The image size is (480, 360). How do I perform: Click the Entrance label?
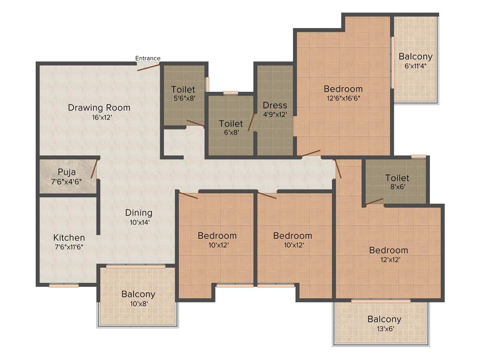click(x=148, y=58)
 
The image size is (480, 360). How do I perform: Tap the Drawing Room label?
click(x=99, y=107)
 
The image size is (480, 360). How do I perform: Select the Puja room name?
click(x=67, y=172)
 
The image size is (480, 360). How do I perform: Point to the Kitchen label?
click(x=69, y=237)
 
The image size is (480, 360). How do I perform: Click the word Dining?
click(x=138, y=212)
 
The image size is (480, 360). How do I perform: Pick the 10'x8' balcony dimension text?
click(x=138, y=304)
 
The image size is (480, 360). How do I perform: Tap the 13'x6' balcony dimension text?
click(x=384, y=329)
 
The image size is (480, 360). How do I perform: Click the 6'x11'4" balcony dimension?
click(x=415, y=66)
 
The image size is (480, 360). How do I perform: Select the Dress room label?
click(x=275, y=105)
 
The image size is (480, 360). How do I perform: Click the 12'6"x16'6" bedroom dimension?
click(x=343, y=98)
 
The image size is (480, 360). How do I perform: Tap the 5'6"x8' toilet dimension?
click(x=183, y=98)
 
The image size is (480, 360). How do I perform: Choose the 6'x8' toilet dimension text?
click(x=231, y=133)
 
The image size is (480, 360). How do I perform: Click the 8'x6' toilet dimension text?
click(x=397, y=187)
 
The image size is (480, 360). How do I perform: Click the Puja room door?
click(x=94, y=169)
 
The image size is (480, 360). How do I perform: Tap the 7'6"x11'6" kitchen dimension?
click(x=69, y=247)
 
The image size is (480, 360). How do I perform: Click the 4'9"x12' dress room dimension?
click(x=275, y=114)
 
